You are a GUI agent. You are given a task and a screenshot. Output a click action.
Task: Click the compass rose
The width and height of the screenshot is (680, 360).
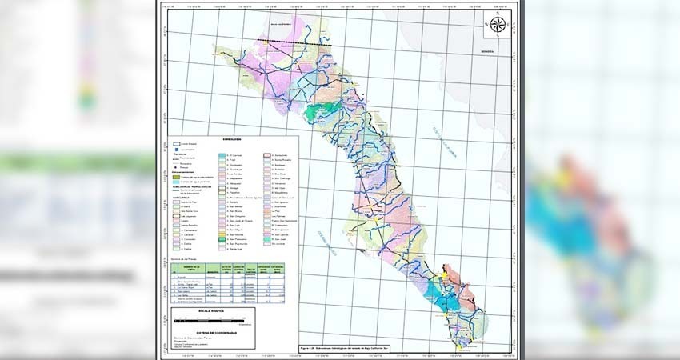point(498,25)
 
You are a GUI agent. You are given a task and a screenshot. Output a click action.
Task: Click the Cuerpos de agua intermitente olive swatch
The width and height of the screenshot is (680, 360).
point(176,177)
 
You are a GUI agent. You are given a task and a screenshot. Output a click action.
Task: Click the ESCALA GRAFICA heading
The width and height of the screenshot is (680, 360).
point(189,310)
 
